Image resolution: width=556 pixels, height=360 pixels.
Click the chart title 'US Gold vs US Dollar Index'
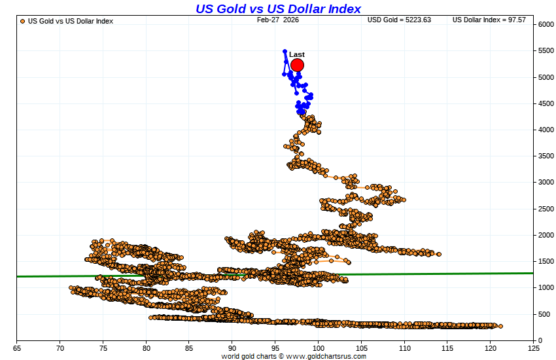278,9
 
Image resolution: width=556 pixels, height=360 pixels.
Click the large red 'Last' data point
297,65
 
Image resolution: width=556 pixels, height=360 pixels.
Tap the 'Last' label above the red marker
297,54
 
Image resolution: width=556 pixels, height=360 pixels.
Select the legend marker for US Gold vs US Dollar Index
23,21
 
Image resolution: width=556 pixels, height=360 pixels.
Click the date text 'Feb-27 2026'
277,20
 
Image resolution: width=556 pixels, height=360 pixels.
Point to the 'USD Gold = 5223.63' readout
399,20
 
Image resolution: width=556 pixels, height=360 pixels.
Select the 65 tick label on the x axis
16,347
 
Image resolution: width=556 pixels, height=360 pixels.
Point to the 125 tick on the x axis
534,347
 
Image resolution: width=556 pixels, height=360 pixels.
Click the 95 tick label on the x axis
275,347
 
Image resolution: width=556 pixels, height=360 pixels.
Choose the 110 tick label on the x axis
405,347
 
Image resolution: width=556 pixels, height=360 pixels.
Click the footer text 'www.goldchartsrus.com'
325,356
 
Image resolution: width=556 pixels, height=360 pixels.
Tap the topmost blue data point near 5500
285,51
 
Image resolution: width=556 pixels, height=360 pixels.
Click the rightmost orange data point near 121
500,326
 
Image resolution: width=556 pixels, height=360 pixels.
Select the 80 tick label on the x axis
146,347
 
